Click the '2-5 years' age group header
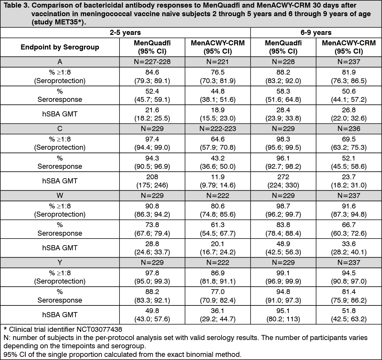click(125, 33)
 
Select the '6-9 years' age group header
click(316, 33)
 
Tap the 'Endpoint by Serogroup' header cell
click(60, 47)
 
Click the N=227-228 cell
click(152, 62)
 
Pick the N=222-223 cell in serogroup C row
click(218, 128)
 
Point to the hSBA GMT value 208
click(152, 177)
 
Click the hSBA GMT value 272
click(283, 177)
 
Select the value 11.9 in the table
click(218, 177)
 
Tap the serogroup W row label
click(60, 196)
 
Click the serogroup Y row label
click(60, 262)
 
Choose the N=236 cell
click(349, 128)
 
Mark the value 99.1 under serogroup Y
click(283, 273)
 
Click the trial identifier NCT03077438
click(99, 329)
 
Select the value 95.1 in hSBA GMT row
click(283, 311)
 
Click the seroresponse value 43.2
click(218, 158)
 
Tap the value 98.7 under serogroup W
click(283, 206)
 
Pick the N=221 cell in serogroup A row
click(218, 62)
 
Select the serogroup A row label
click(60, 62)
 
